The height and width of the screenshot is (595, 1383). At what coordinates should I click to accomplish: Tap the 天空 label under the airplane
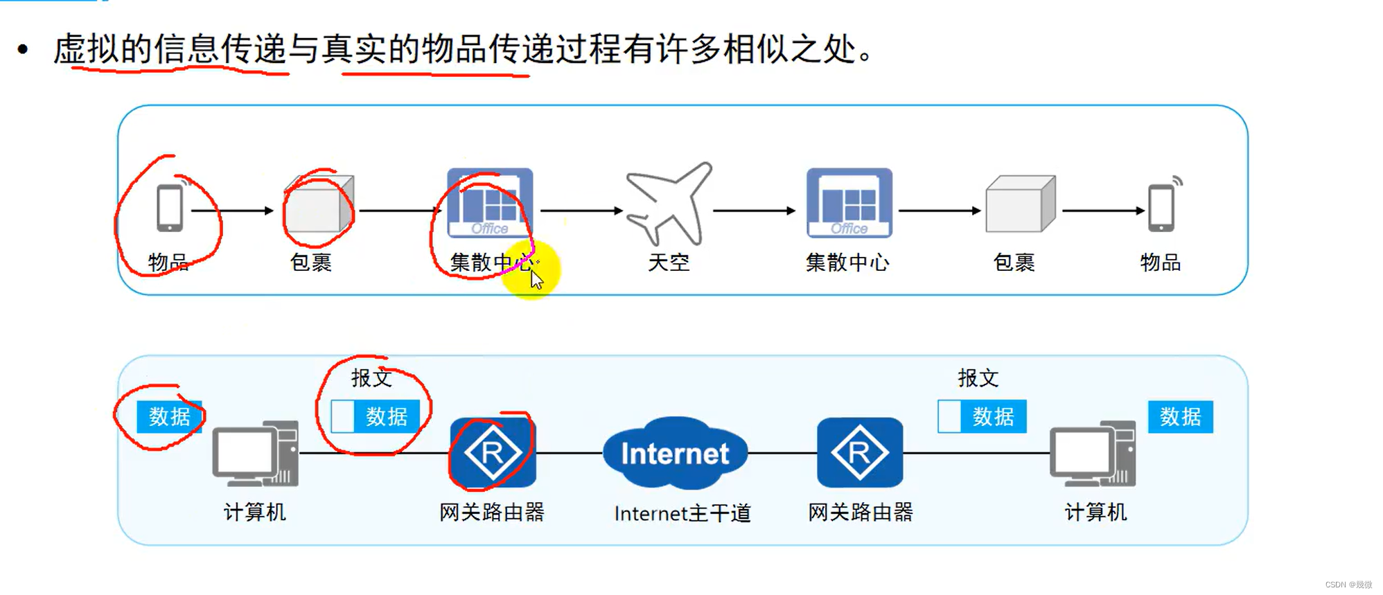669,263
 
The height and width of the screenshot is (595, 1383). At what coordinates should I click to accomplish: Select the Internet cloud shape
675,452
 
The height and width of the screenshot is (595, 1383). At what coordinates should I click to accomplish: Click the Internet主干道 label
682,513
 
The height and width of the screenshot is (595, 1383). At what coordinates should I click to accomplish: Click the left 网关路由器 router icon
493,453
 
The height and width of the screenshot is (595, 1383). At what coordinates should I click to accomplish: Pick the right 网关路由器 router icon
859,453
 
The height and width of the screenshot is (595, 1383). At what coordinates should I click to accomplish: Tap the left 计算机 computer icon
255,454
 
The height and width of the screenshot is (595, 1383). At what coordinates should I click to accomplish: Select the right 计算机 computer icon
1093,454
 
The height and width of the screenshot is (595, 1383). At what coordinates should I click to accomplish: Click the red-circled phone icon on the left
170,207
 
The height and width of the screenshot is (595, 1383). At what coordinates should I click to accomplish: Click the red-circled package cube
319,204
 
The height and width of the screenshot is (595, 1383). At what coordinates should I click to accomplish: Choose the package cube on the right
1020,204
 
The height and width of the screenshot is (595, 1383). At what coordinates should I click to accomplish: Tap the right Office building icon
849,203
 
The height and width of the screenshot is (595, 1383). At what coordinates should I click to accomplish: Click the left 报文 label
371,378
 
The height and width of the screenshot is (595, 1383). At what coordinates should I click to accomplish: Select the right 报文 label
978,378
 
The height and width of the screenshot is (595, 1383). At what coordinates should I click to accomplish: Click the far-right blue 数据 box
1180,417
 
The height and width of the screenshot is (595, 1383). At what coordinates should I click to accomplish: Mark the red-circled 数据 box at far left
169,417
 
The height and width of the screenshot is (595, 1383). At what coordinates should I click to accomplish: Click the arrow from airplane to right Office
754,211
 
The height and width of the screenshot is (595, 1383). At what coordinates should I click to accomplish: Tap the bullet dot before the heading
24,49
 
